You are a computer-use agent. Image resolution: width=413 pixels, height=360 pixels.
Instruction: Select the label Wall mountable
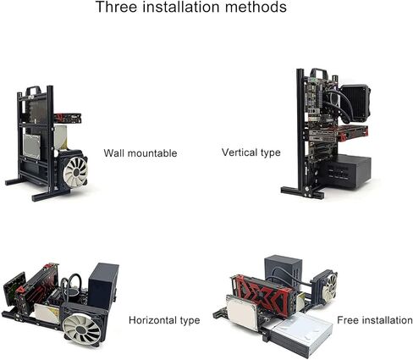pos(140,153)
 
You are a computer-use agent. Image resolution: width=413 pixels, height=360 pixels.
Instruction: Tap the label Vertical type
pos(251,152)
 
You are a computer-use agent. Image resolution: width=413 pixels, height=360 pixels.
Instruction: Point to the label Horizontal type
pos(164,320)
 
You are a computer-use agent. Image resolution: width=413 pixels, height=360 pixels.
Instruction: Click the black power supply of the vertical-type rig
pos(348,172)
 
